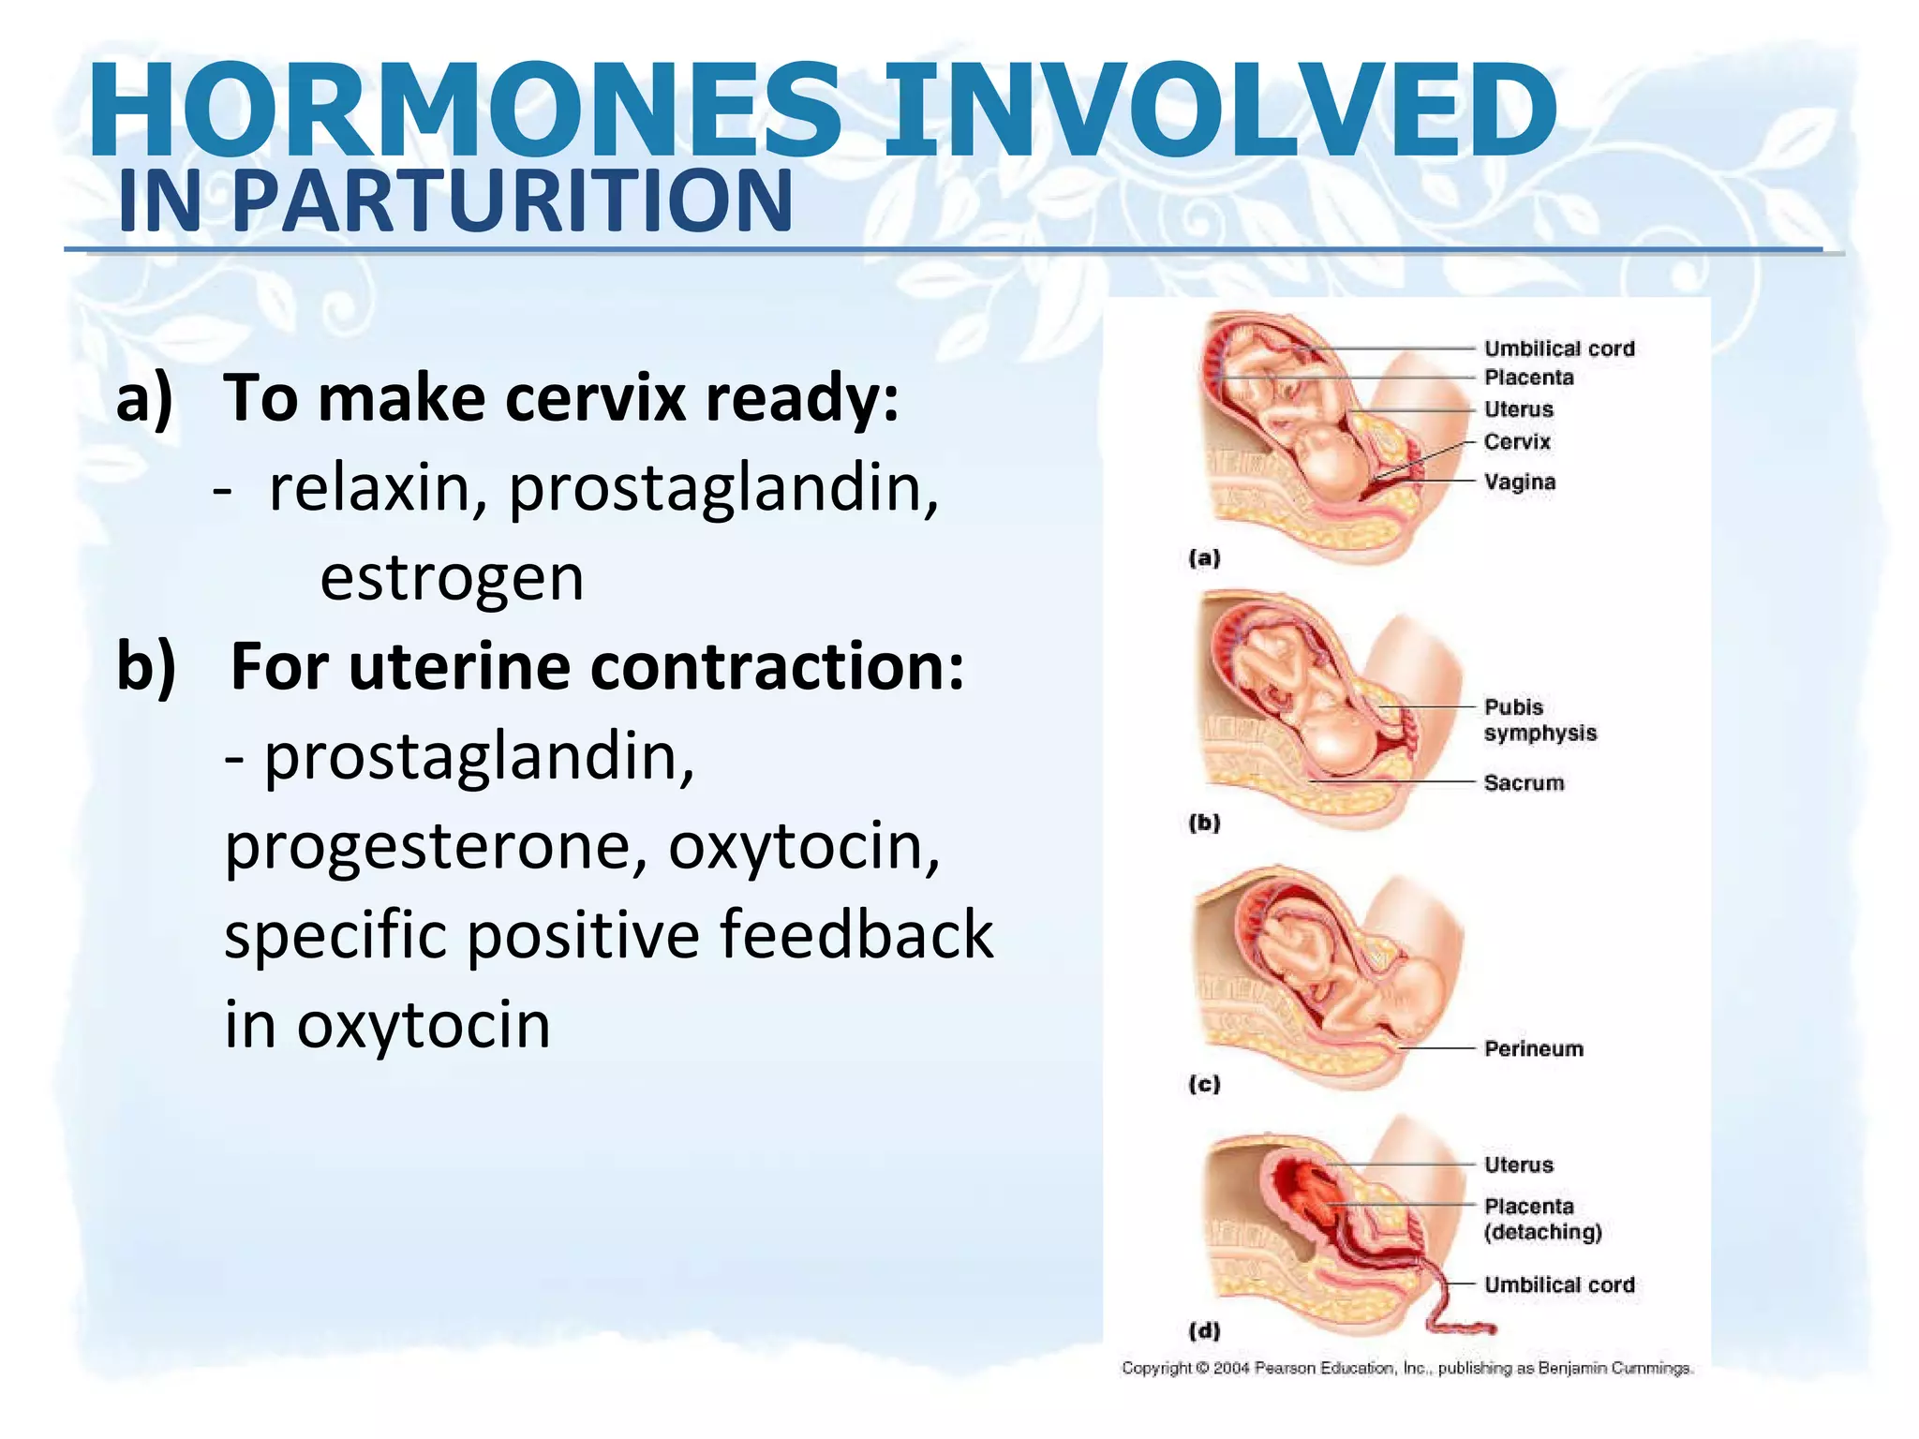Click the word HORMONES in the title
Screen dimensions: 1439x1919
coord(464,111)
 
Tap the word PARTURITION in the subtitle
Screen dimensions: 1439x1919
coord(512,201)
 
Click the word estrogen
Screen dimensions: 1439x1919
coord(452,577)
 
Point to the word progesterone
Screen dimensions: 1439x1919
coord(435,846)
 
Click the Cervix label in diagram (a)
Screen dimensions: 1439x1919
coord(1517,442)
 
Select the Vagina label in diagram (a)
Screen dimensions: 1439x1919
coord(1519,482)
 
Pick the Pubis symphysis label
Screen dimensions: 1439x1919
coord(1539,720)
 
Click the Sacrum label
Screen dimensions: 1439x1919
coord(1524,783)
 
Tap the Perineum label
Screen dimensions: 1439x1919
coord(1533,1049)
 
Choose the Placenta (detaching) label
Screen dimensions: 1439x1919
coord(1541,1219)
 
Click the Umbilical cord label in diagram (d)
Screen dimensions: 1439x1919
coord(1559,1285)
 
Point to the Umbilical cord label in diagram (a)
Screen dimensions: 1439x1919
coord(1559,349)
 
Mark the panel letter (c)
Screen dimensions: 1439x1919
coord(1204,1085)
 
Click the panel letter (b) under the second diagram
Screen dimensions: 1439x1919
coord(1204,823)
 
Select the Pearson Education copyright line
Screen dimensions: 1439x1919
coord(1406,1369)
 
